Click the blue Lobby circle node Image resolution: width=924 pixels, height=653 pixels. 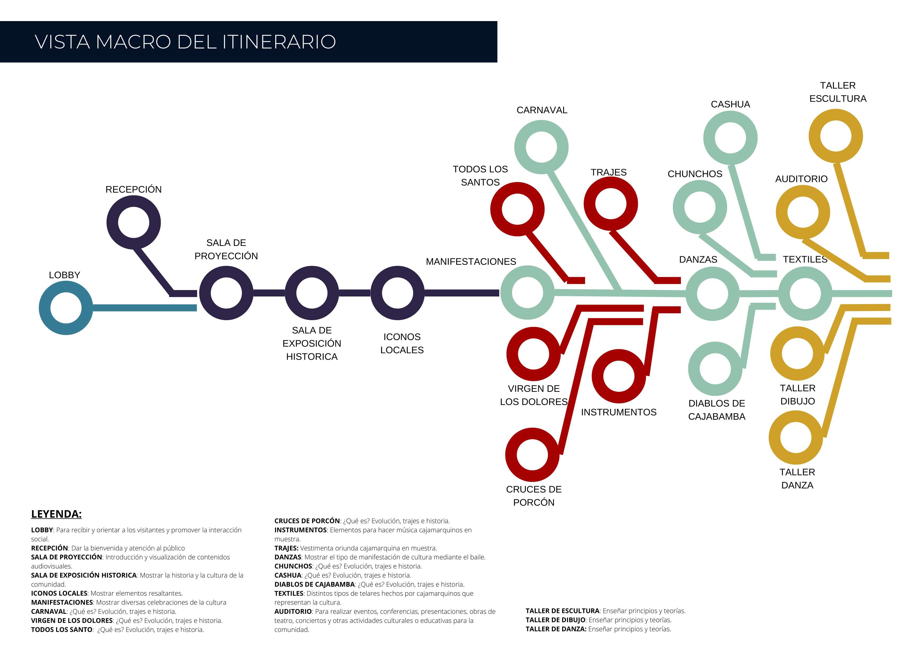pyautogui.click(x=66, y=308)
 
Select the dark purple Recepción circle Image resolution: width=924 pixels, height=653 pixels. pyautogui.click(x=134, y=222)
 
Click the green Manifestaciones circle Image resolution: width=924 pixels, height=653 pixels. pyautogui.click(x=527, y=293)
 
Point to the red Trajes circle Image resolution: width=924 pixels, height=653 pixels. pyautogui.click(x=611, y=204)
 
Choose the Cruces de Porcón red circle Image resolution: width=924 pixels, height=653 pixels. pyautogui.click(x=532, y=455)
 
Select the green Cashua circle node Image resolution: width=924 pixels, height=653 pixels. pyautogui.click(x=730, y=138)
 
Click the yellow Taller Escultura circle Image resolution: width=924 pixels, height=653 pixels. pyautogui.click(x=835, y=136)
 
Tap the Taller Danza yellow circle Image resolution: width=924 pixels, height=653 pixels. pyautogui.click(x=796, y=437)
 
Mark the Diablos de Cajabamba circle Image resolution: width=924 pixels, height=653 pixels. pyautogui.click(x=715, y=369)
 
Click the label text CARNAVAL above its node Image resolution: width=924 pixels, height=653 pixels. pyautogui.click(x=542, y=110)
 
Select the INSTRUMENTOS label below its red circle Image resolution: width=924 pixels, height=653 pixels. pyautogui.click(x=618, y=412)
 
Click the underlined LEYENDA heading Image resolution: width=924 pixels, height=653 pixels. pyautogui.click(x=56, y=514)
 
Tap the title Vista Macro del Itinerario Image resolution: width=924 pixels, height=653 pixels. pyautogui.click(x=185, y=42)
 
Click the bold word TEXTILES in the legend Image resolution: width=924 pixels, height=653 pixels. pyautogui.click(x=288, y=593)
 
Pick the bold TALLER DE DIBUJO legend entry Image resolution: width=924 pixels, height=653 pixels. pyautogui.click(x=555, y=620)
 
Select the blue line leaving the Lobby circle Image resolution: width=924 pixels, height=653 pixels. pyautogui.click(x=145, y=308)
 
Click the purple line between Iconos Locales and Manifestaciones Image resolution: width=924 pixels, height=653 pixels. pyautogui.click(x=461, y=293)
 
